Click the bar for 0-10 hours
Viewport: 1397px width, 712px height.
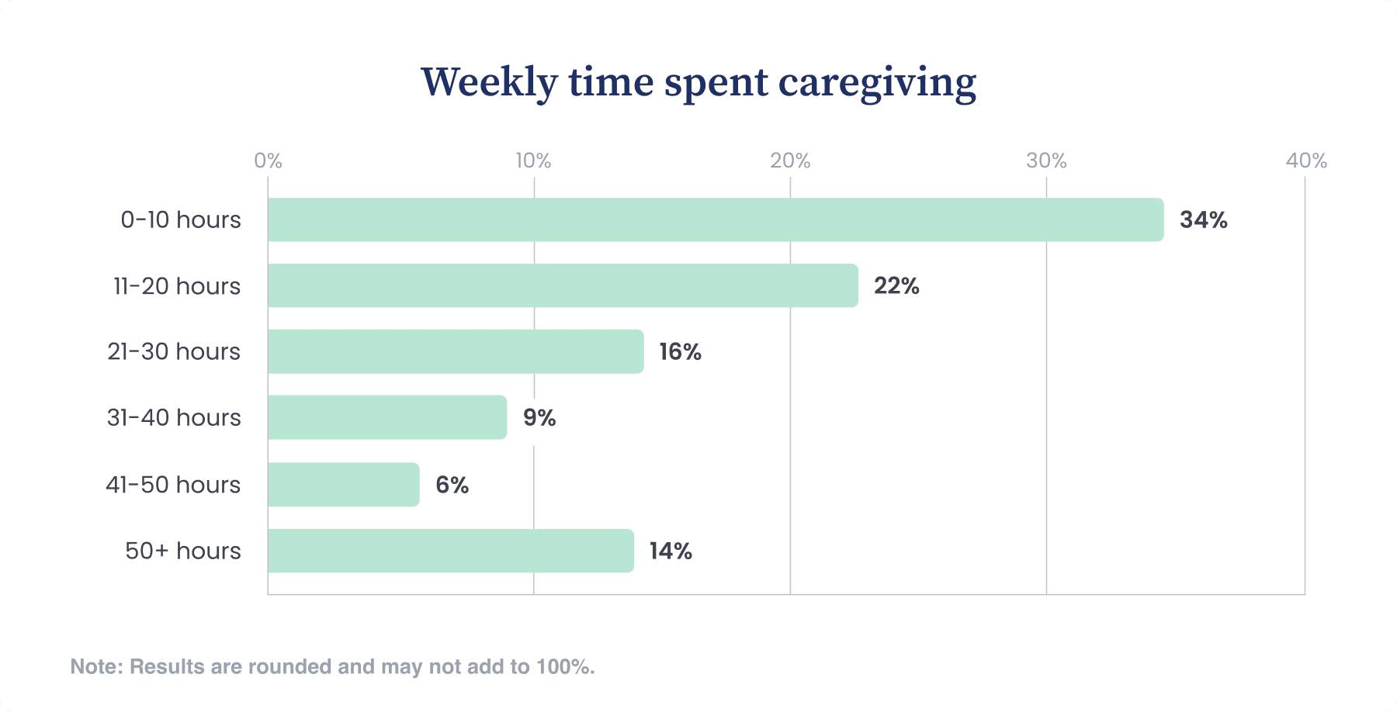click(715, 219)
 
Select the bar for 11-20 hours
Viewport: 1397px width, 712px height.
click(563, 285)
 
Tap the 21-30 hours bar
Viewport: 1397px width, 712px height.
click(456, 351)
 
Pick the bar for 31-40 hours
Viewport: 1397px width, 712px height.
click(387, 417)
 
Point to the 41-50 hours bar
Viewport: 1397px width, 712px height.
click(344, 485)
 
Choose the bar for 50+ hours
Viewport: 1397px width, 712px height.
click(450, 551)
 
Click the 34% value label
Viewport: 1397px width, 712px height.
click(1203, 220)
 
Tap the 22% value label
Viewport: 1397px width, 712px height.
click(896, 286)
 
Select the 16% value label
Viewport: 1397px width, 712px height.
click(680, 352)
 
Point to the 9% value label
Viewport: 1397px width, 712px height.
click(539, 418)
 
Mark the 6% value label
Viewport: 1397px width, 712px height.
click(452, 486)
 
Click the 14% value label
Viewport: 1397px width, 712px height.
click(671, 551)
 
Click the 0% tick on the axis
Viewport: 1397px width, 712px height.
click(268, 161)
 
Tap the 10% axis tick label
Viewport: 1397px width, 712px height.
click(533, 161)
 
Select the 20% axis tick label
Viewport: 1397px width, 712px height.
click(790, 161)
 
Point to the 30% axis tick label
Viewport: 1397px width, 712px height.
click(1046, 161)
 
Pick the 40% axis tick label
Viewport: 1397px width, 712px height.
click(1306, 161)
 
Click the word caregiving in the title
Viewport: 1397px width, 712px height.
click(877, 83)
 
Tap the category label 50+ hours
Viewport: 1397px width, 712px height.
click(183, 551)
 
